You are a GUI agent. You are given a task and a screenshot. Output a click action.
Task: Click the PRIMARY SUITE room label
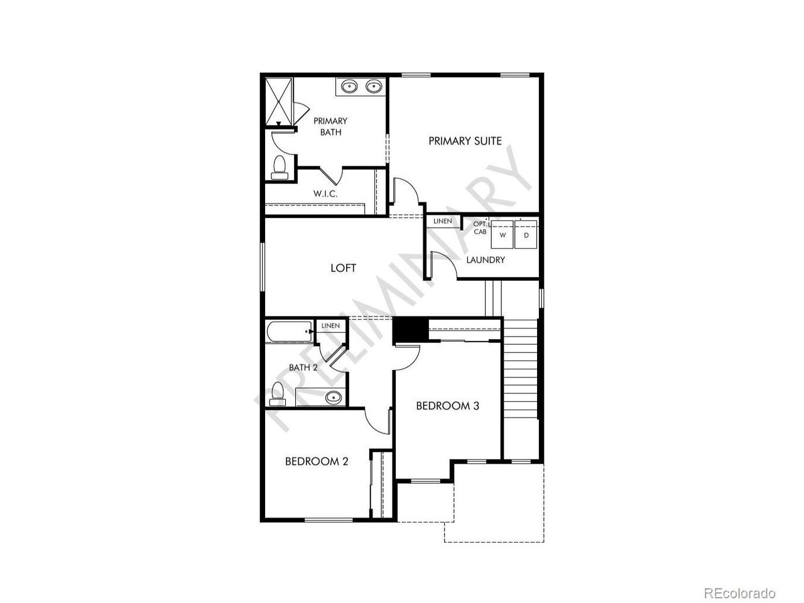click(465, 141)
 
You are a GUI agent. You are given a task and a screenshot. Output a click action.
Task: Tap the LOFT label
click(343, 268)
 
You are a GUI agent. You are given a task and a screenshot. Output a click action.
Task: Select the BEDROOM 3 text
click(448, 406)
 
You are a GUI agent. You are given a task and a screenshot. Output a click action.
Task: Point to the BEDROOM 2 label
click(317, 461)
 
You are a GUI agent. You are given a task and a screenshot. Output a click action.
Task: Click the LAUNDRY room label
click(486, 260)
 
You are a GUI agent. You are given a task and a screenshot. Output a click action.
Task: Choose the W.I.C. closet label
click(325, 193)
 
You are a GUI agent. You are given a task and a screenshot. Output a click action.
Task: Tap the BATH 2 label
click(303, 367)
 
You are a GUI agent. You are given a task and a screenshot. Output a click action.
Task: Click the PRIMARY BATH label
click(330, 126)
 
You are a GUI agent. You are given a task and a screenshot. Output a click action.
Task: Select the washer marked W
click(502, 234)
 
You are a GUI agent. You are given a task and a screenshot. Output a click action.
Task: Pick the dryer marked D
click(526, 234)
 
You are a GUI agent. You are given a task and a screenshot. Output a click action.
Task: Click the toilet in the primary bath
click(280, 168)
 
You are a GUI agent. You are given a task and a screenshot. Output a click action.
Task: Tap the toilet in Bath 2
click(278, 394)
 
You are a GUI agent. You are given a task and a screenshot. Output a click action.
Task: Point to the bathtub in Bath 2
click(290, 332)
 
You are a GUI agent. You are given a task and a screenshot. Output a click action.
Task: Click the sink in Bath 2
click(334, 396)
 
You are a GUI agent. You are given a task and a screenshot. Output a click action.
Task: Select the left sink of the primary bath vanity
click(349, 87)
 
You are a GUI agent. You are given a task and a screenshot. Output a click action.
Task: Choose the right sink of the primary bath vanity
click(374, 87)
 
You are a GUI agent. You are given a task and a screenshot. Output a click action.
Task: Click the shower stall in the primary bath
click(279, 102)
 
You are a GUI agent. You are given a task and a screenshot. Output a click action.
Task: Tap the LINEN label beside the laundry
click(442, 221)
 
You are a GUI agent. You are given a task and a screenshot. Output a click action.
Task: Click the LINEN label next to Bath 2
click(330, 325)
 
